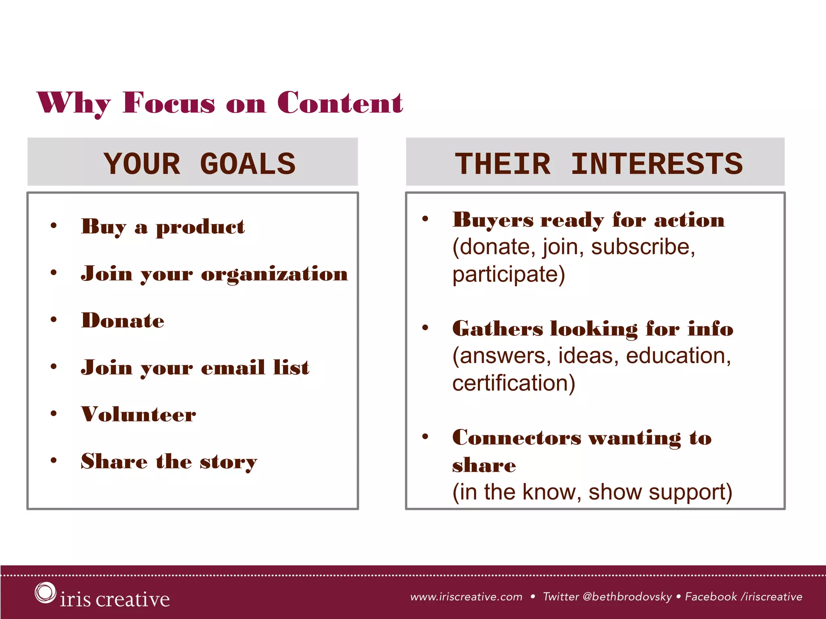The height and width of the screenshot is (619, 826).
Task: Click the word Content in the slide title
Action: [340, 103]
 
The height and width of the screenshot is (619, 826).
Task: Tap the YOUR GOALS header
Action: [199, 164]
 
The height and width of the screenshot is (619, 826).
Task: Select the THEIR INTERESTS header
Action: [599, 164]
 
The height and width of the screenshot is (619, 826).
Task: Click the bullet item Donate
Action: [123, 321]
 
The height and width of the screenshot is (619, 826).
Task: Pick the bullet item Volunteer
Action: [138, 414]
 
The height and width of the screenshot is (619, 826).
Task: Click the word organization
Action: [274, 274]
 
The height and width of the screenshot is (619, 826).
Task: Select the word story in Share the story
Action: [228, 462]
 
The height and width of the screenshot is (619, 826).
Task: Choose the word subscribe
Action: [642, 247]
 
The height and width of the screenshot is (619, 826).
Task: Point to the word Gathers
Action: [498, 329]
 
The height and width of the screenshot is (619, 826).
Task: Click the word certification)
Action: [513, 383]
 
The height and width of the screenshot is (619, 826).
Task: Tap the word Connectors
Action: [517, 438]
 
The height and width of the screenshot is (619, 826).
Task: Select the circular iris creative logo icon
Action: [45, 593]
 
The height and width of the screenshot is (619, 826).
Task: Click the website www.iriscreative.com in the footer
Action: [466, 597]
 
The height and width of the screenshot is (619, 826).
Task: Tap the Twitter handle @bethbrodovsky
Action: [627, 597]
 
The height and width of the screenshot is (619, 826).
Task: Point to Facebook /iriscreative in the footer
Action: [743, 597]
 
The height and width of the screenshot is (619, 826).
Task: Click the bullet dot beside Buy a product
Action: [54, 226]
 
